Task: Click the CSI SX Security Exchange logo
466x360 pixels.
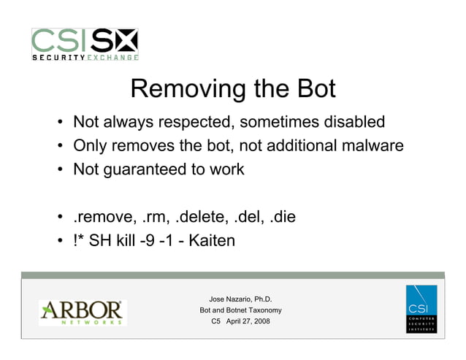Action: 85,45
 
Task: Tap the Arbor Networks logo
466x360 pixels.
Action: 83,313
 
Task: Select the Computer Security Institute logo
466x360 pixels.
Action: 421,310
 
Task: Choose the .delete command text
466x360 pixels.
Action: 195,217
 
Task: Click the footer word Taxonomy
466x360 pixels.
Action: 260,310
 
